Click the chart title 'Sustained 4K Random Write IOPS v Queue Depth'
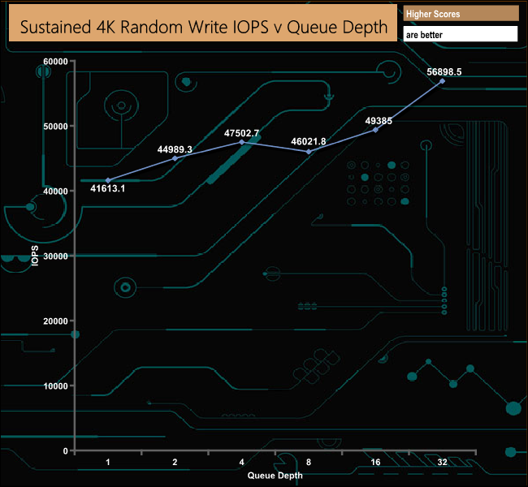coord(203,26)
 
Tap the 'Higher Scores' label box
coord(460,14)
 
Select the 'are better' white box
coord(460,35)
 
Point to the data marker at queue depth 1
coord(108,180)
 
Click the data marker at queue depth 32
coord(443,81)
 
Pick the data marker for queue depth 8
coord(309,152)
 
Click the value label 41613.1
coord(108,188)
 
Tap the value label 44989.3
coord(175,149)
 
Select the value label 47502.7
coord(241,133)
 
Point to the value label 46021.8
coord(309,141)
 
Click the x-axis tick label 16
coord(375,462)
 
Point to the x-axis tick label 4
coord(241,462)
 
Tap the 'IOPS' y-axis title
coord(35,256)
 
